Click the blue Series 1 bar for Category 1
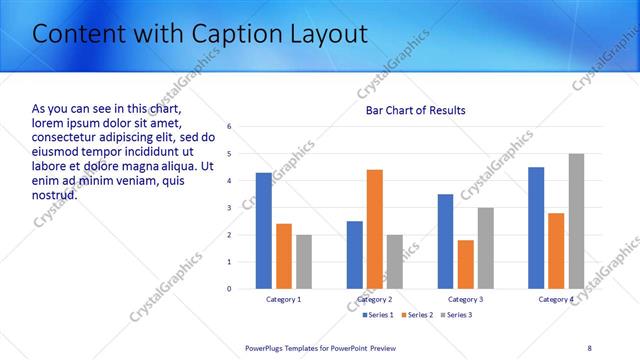[264, 231]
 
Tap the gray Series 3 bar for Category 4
[576, 221]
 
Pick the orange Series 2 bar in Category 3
[465, 264]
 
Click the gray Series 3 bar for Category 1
[304, 262]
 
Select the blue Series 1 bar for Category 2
[355, 255]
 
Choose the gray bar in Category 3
[485, 248]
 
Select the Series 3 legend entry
[454, 315]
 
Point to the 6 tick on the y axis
[230, 127]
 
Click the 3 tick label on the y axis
[230, 208]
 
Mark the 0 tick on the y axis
[230, 289]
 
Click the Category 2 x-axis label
[375, 299]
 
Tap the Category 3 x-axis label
[465, 299]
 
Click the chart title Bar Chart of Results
[415, 110]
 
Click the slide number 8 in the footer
[590, 347]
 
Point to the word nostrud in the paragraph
[54, 194]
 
